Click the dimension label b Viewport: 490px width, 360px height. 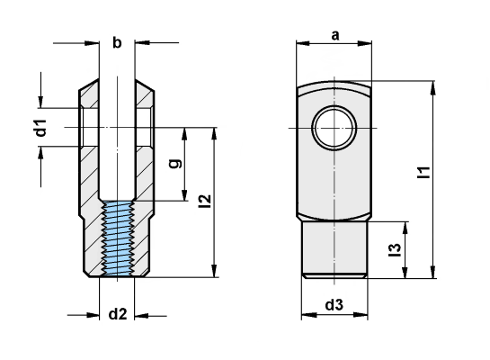coord(116,41)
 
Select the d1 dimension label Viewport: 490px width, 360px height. coord(40,129)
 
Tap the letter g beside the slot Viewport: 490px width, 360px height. coord(176,164)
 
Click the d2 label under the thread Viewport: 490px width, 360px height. coord(118,314)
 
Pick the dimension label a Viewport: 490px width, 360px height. coord(334,35)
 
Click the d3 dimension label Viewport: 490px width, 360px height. coord(334,305)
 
